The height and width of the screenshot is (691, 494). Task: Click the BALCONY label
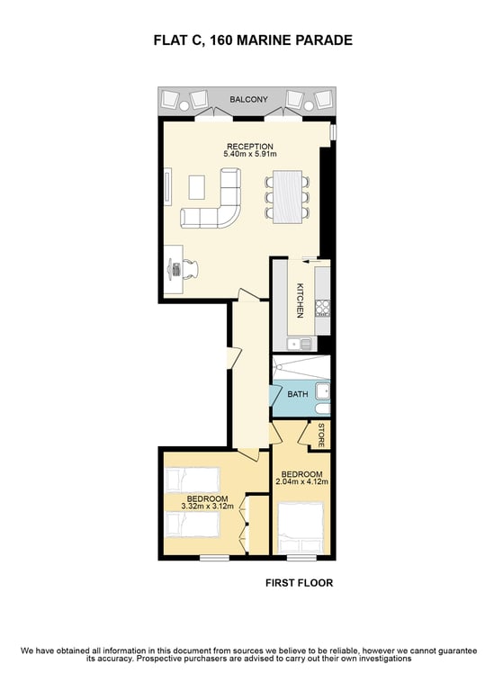(248, 100)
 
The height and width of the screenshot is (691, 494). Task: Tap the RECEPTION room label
(250, 147)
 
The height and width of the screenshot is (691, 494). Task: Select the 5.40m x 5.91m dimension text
(250, 154)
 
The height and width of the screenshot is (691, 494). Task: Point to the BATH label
(298, 394)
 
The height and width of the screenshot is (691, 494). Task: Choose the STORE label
(321, 435)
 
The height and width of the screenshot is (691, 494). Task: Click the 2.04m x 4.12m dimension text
(301, 481)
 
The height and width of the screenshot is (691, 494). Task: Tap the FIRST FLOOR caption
(300, 583)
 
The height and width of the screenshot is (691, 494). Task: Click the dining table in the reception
(287, 197)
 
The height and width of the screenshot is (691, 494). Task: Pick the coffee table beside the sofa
(196, 187)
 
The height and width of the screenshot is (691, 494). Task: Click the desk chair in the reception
(190, 268)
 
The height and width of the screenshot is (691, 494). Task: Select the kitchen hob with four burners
(322, 308)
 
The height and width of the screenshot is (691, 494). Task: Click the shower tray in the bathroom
(301, 367)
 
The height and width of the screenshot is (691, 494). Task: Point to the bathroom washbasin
(322, 391)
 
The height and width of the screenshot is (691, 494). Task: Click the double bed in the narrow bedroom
(301, 528)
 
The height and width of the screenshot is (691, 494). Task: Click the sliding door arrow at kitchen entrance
(310, 261)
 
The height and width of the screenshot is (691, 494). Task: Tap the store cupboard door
(306, 434)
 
